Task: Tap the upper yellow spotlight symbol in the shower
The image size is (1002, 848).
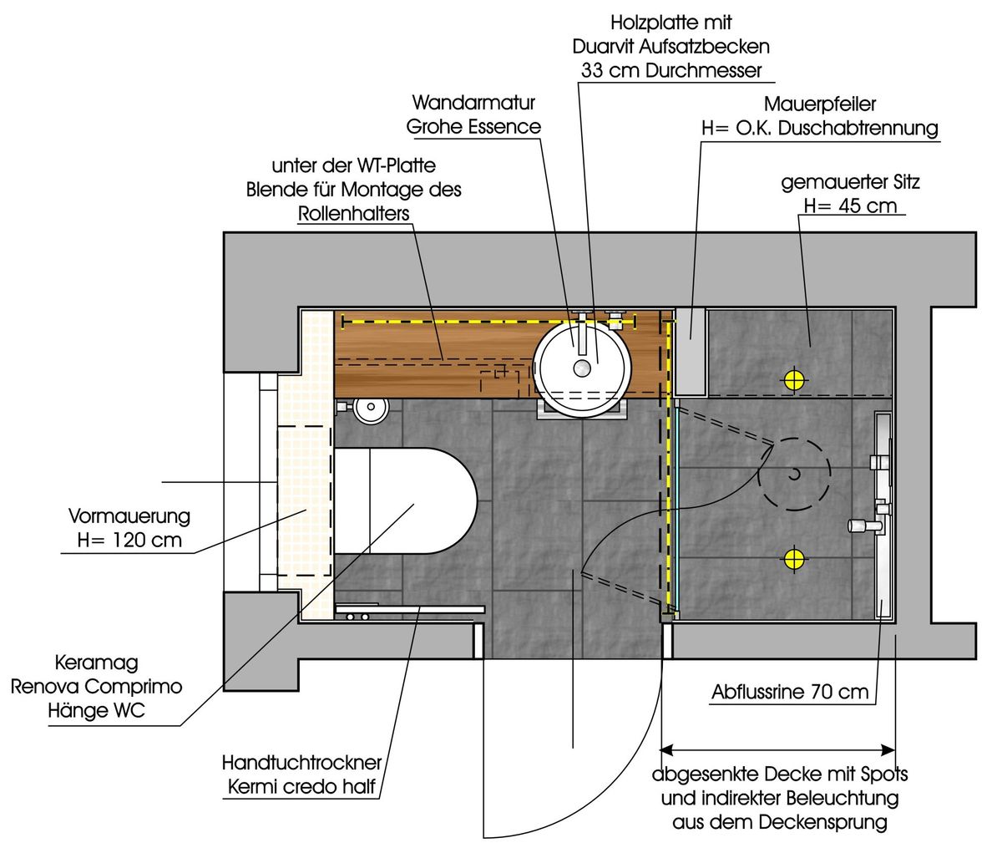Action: click(x=793, y=380)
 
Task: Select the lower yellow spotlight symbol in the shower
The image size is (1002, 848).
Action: click(x=793, y=558)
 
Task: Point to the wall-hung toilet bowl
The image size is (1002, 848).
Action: click(x=405, y=501)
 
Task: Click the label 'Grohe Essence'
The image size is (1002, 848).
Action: click(x=473, y=127)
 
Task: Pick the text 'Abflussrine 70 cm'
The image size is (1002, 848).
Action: click(x=790, y=692)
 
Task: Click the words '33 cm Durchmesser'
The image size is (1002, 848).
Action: click(x=671, y=70)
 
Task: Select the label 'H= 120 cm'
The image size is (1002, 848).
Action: click(x=129, y=540)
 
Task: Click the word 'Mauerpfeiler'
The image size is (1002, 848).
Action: click(x=820, y=105)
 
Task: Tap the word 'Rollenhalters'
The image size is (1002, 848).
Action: click(x=354, y=213)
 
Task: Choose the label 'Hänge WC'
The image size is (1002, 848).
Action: click(x=95, y=712)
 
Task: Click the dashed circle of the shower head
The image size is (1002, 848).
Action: click(x=794, y=475)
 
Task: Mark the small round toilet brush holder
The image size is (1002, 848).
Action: click(x=370, y=409)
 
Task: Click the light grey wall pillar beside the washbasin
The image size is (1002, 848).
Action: click(x=691, y=350)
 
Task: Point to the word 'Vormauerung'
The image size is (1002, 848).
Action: click(x=129, y=515)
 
